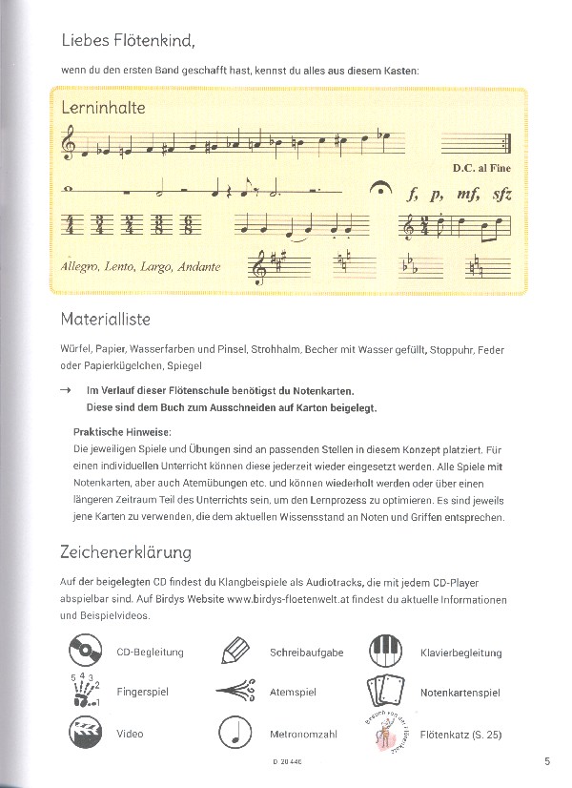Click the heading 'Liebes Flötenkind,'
pos(128,40)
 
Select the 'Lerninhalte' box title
pos(103,108)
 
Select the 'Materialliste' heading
pos(105,319)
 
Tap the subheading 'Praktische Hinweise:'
pos(122,431)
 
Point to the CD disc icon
pos(86,653)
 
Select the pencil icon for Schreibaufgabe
pos(234,653)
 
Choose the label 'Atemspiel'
pos(292,693)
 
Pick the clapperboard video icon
pos(86,733)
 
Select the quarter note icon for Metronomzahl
pos(235,733)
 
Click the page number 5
pos(547,761)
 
